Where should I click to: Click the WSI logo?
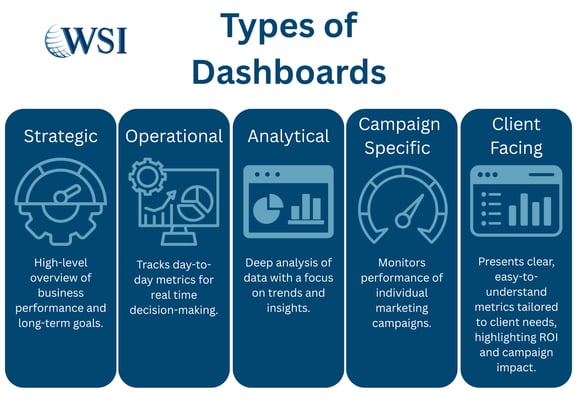coord(85,40)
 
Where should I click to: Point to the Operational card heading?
coord(174,136)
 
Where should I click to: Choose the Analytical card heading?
coord(288,136)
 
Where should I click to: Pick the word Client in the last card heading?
coord(516,125)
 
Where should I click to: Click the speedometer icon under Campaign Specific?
coord(401,201)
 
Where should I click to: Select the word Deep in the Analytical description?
coord(257,263)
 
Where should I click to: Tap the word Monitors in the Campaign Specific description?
coord(401,261)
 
